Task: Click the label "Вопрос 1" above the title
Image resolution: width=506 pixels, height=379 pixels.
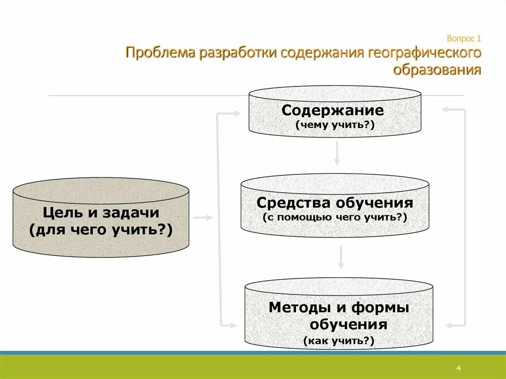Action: [x=464, y=38]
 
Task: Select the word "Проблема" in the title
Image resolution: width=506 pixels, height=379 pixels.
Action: [x=160, y=53]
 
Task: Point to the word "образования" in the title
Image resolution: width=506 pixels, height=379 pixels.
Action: [x=437, y=70]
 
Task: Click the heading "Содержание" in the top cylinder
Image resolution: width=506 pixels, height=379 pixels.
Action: [x=333, y=110]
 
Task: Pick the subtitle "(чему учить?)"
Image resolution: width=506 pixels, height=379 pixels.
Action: [x=335, y=125]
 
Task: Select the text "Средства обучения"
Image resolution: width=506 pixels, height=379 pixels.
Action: [x=335, y=203]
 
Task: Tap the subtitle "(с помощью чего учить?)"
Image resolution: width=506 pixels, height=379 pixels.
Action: [x=335, y=217]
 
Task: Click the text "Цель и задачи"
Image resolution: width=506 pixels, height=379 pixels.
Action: [x=101, y=213]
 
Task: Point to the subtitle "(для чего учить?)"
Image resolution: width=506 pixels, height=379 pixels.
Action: [x=101, y=229]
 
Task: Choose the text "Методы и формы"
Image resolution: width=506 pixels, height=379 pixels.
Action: [x=339, y=307]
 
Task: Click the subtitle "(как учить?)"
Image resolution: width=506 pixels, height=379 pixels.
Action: [x=339, y=340]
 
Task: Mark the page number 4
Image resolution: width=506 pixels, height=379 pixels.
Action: [x=459, y=369]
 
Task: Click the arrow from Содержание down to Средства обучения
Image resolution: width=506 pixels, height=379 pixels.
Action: [x=337, y=154]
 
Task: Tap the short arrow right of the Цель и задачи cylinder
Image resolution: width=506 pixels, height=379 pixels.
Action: [x=203, y=217]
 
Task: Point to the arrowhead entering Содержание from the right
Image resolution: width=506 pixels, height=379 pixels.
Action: [x=446, y=109]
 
